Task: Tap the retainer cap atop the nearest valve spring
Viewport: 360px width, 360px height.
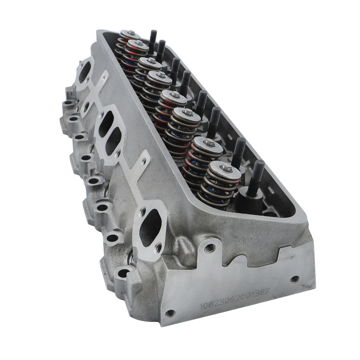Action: [x=225, y=170]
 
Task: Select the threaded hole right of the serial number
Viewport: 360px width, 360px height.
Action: [x=294, y=279]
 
